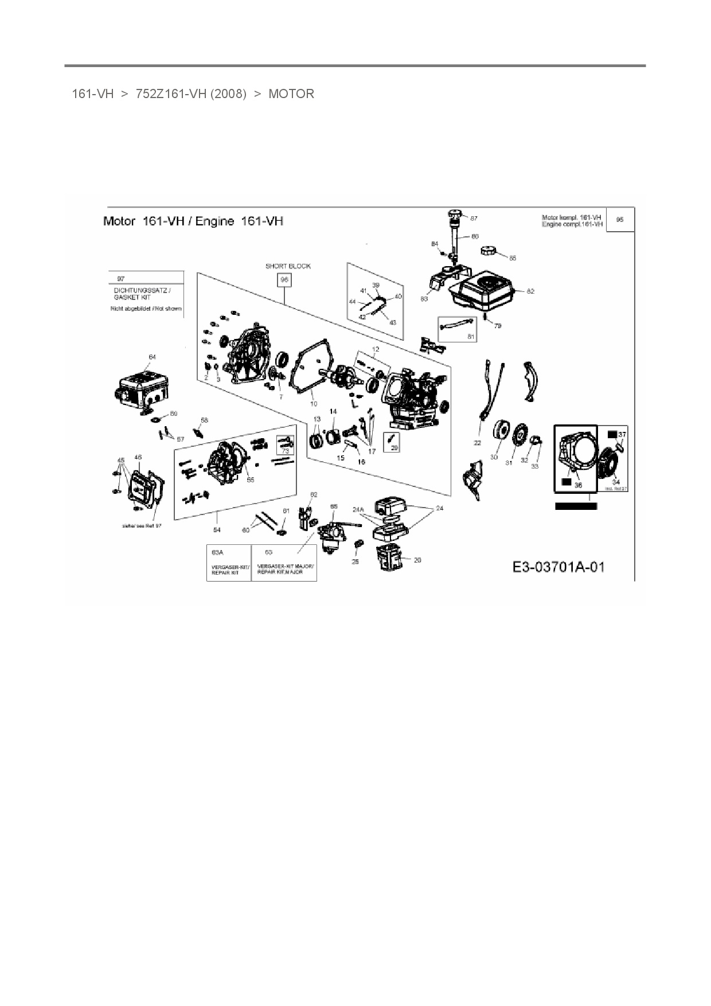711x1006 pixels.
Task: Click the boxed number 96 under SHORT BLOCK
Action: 284,280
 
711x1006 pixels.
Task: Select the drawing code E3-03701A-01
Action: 558,567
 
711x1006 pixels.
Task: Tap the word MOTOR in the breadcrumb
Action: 291,94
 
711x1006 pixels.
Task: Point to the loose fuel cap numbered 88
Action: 488,251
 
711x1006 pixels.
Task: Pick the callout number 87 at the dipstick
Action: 474,219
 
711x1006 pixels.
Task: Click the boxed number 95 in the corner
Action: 620,220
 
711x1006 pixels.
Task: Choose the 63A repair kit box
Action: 229,562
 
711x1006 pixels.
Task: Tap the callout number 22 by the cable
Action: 477,443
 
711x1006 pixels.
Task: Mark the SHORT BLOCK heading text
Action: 288,266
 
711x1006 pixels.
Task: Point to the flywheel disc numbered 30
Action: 503,431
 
